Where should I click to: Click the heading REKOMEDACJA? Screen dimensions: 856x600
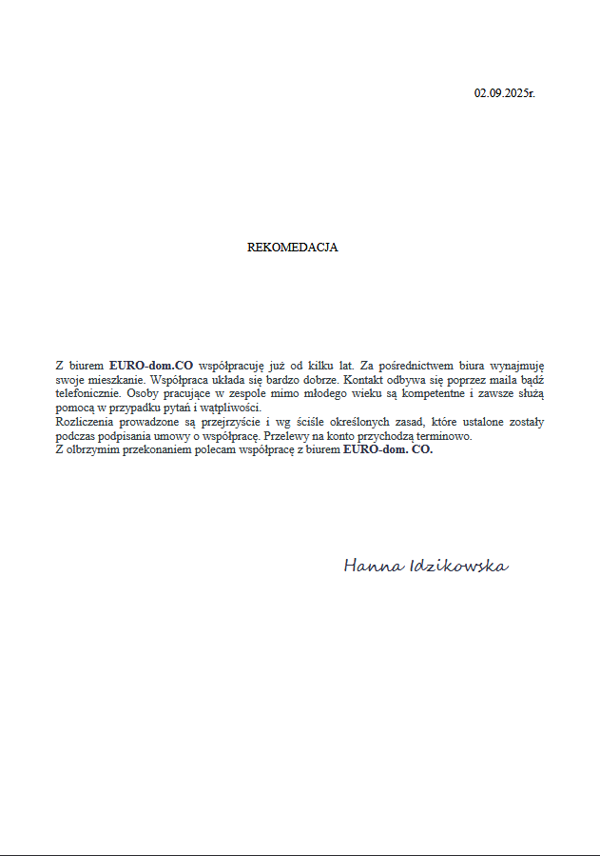tap(293, 248)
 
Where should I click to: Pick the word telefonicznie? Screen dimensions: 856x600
tap(87, 392)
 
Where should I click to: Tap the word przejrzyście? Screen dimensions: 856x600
tap(216, 421)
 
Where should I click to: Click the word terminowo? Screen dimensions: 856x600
tap(441, 435)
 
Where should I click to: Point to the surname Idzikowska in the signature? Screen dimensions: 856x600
tap(457, 567)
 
